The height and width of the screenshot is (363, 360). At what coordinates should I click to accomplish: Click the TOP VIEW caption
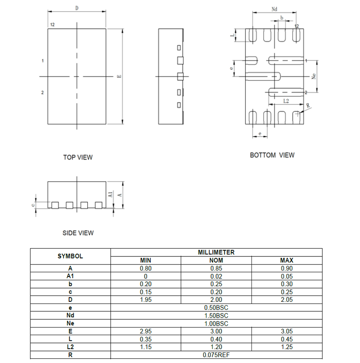pyautogui.click(x=77, y=158)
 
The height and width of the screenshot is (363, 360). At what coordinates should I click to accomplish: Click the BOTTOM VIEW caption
pyautogui.click(x=272, y=155)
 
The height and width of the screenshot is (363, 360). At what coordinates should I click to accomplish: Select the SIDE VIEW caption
pyautogui.click(x=78, y=233)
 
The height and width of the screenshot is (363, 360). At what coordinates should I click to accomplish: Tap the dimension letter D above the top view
pyautogui.click(x=77, y=8)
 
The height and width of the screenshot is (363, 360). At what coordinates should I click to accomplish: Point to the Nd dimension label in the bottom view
pyautogui.click(x=274, y=9)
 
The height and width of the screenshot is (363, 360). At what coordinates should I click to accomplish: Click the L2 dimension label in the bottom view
pyautogui.click(x=286, y=101)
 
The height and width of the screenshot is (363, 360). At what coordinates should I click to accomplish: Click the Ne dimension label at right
pyautogui.click(x=313, y=76)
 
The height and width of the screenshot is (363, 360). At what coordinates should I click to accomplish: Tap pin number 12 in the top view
pyautogui.click(x=52, y=25)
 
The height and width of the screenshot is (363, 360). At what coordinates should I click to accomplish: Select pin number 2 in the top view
pyautogui.click(x=42, y=92)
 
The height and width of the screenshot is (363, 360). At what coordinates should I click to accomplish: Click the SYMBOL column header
pyautogui.click(x=70, y=256)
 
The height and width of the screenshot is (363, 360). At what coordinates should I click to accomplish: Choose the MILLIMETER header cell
pyautogui.click(x=216, y=253)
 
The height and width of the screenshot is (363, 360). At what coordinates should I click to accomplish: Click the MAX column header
pyautogui.click(x=286, y=260)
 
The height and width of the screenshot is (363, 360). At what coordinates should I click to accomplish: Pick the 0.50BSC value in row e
pyautogui.click(x=216, y=308)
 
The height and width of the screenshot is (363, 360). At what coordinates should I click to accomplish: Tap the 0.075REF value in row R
pyautogui.click(x=216, y=355)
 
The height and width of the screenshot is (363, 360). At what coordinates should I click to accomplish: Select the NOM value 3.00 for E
pyautogui.click(x=216, y=331)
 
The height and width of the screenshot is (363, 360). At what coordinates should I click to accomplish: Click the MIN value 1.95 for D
pyautogui.click(x=145, y=300)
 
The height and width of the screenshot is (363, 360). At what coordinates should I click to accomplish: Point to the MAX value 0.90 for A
pyautogui.click(x=286, y=268)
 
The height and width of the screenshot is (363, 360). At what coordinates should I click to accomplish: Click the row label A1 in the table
pyautogui.click(x=70, y=276)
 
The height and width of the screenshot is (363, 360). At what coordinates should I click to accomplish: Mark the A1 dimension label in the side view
pyautogui.click(x=110, y=194)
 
